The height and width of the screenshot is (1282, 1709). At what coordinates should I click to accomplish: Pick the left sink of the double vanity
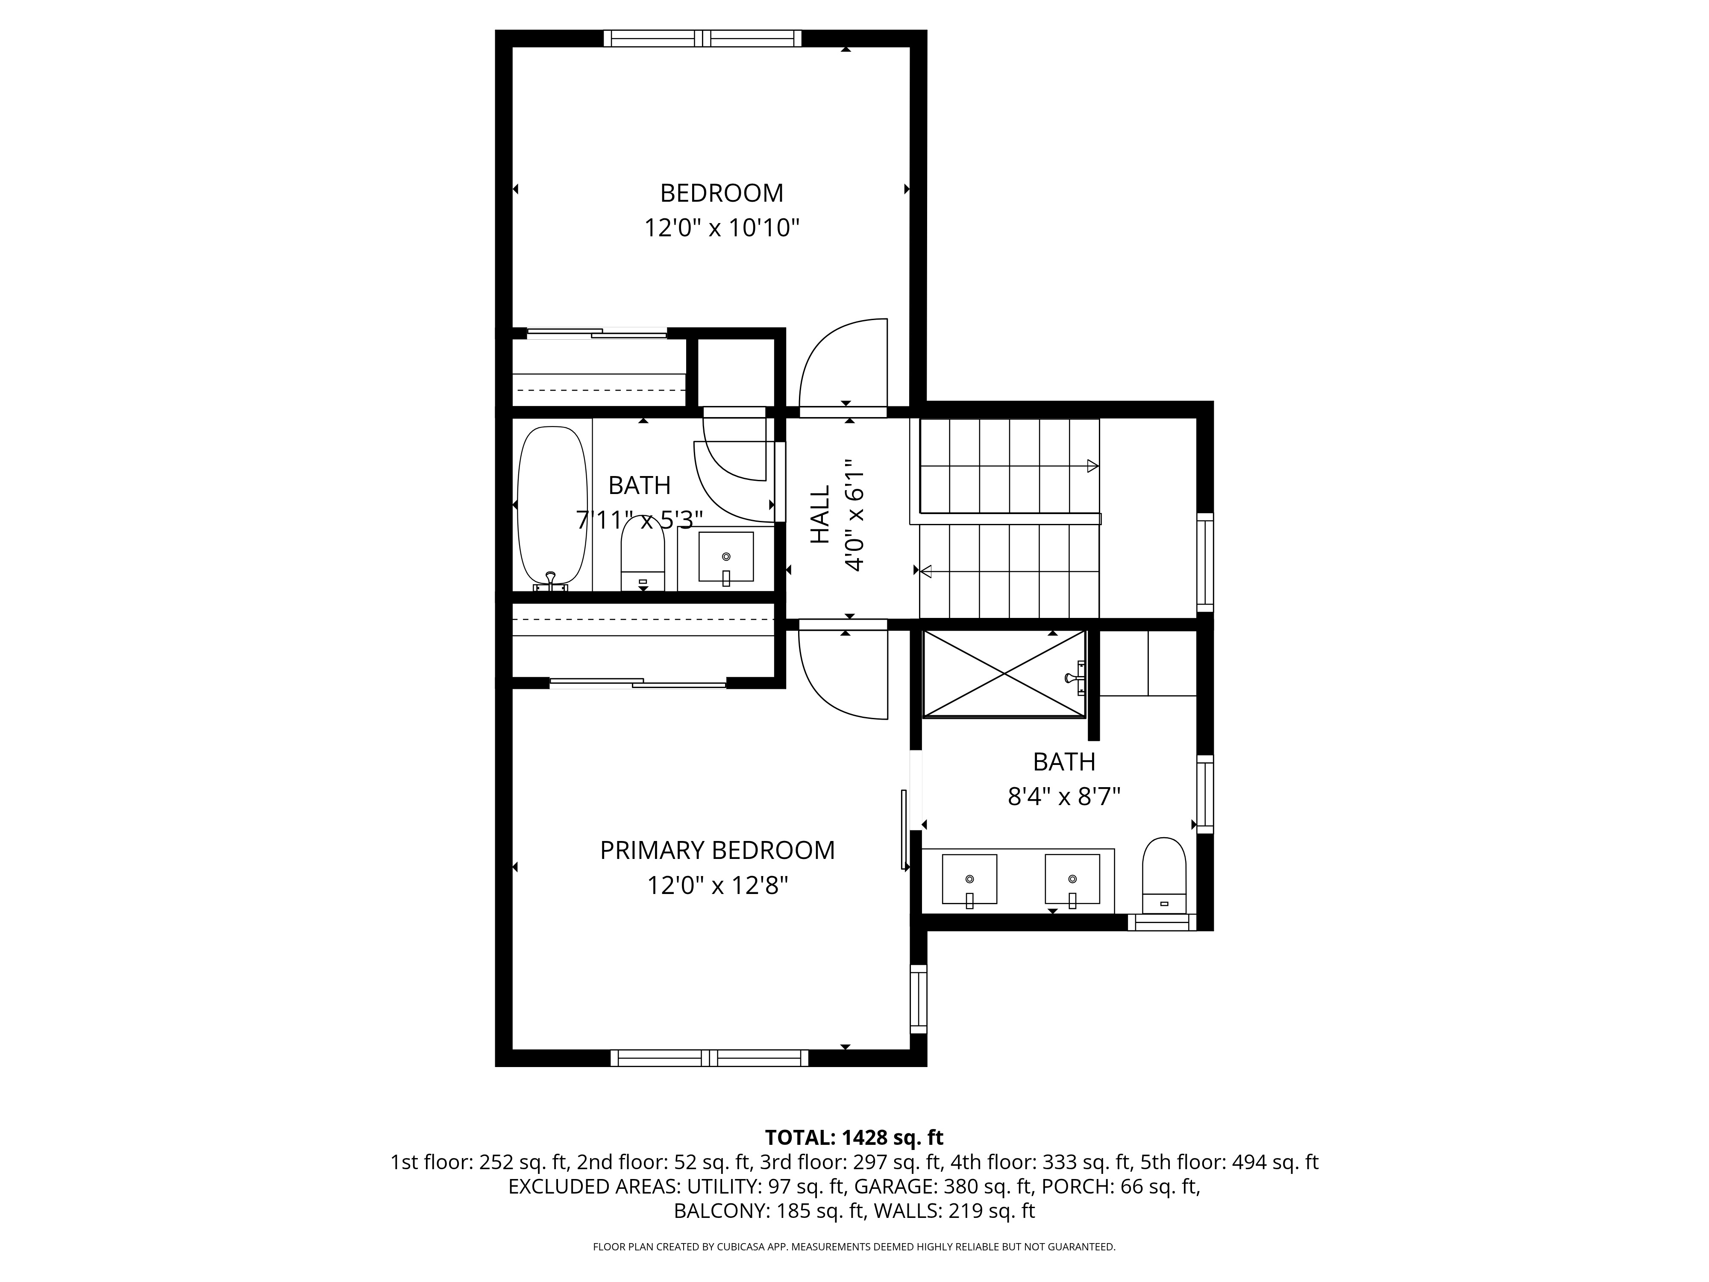click(969, 879)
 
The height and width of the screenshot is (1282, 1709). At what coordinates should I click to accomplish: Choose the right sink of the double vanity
click(1072, 879)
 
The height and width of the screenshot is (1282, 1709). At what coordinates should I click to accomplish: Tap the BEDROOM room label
click(722, 192)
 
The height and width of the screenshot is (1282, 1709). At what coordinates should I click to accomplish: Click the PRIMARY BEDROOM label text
click(718, 850)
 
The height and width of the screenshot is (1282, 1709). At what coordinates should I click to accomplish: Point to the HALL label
click(820, 514)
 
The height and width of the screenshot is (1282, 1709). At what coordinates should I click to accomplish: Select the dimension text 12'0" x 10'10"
click(722, 228)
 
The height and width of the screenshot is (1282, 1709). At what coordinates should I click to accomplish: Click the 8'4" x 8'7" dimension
click(1064, 796)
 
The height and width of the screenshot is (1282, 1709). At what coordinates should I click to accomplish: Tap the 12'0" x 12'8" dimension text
click(718, 885)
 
